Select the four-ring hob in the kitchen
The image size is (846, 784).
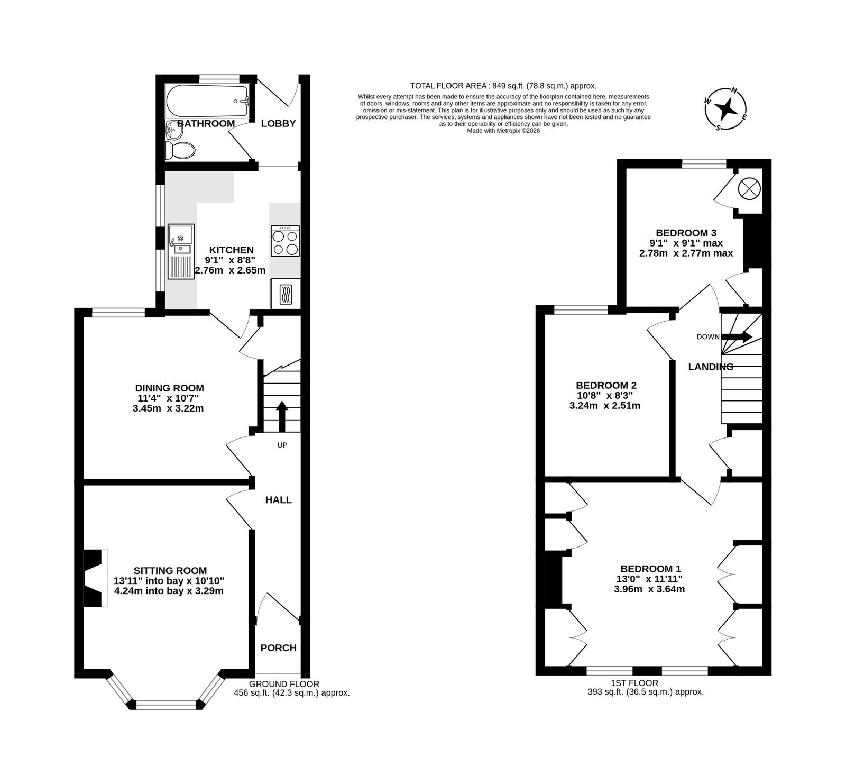[285, 241]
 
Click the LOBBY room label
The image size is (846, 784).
[279, 123]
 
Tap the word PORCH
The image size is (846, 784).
[279, 648]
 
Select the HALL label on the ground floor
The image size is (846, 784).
[279, 500]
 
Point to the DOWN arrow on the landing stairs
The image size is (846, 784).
[737, 336]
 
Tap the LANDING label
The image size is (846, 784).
[711, 367]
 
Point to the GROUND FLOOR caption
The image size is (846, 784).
[284, 684]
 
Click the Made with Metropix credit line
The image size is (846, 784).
[503, 131]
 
